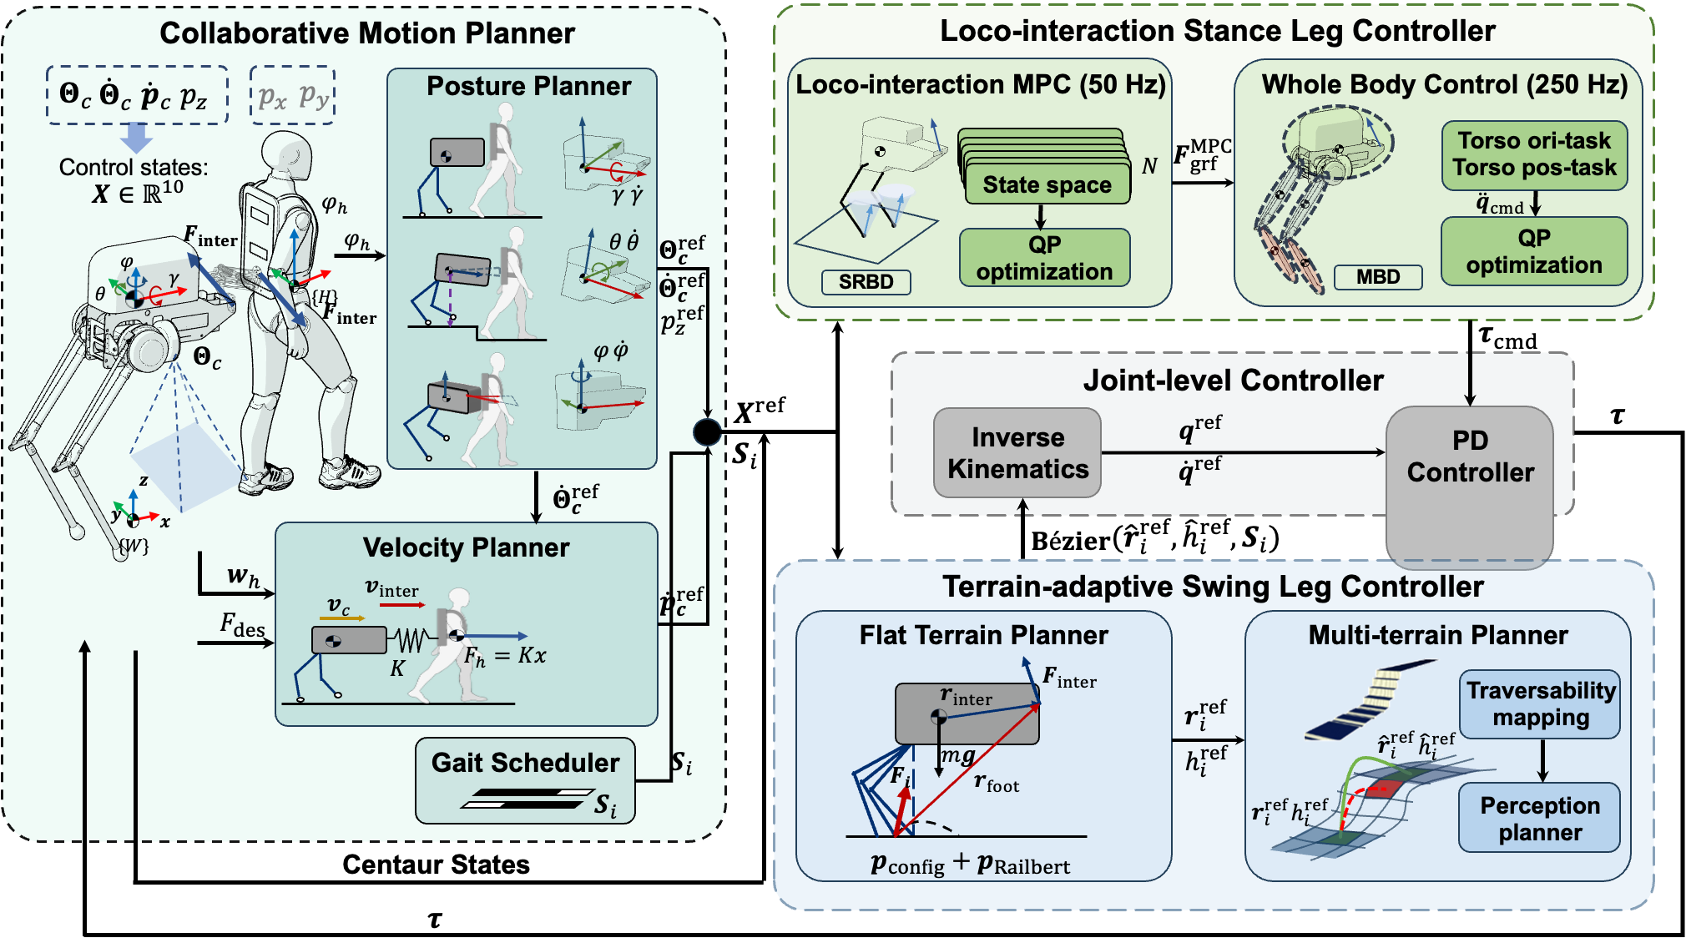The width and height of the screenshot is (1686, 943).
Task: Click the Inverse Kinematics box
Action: click(x=1017, y=453)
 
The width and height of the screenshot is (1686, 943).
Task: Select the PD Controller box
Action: click(x=1470, y=457)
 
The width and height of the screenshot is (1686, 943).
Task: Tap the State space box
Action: click(x=1047, y=184)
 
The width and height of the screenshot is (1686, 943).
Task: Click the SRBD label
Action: click(x=866, y=282)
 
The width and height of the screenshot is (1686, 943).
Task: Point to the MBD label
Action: click(x=1377, y=277)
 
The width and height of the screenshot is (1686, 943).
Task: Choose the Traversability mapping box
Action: click(x=1540, y=703)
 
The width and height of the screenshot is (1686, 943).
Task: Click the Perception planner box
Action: click(x=1540, y=818)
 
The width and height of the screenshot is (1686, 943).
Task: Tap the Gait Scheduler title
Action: click(x=525, y=762)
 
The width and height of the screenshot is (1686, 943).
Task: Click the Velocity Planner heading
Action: click(x=466, y=547)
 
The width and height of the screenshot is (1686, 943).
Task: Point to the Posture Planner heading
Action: click(x=528, y=86)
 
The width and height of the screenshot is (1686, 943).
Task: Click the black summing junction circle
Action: click(x=707, y=431)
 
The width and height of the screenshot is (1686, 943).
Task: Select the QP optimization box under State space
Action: click(x=1044, y=258)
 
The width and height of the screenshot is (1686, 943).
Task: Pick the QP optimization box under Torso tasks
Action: click(x=1534, y=251)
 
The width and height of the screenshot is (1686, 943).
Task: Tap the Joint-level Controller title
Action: click(x=1233, y=381)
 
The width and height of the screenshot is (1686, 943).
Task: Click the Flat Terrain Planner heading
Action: click(x=983, y=635)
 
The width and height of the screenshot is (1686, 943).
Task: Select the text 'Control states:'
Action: click(x=134, y=168)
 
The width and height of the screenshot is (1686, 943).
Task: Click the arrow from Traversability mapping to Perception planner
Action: click(x=1542, y=759)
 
